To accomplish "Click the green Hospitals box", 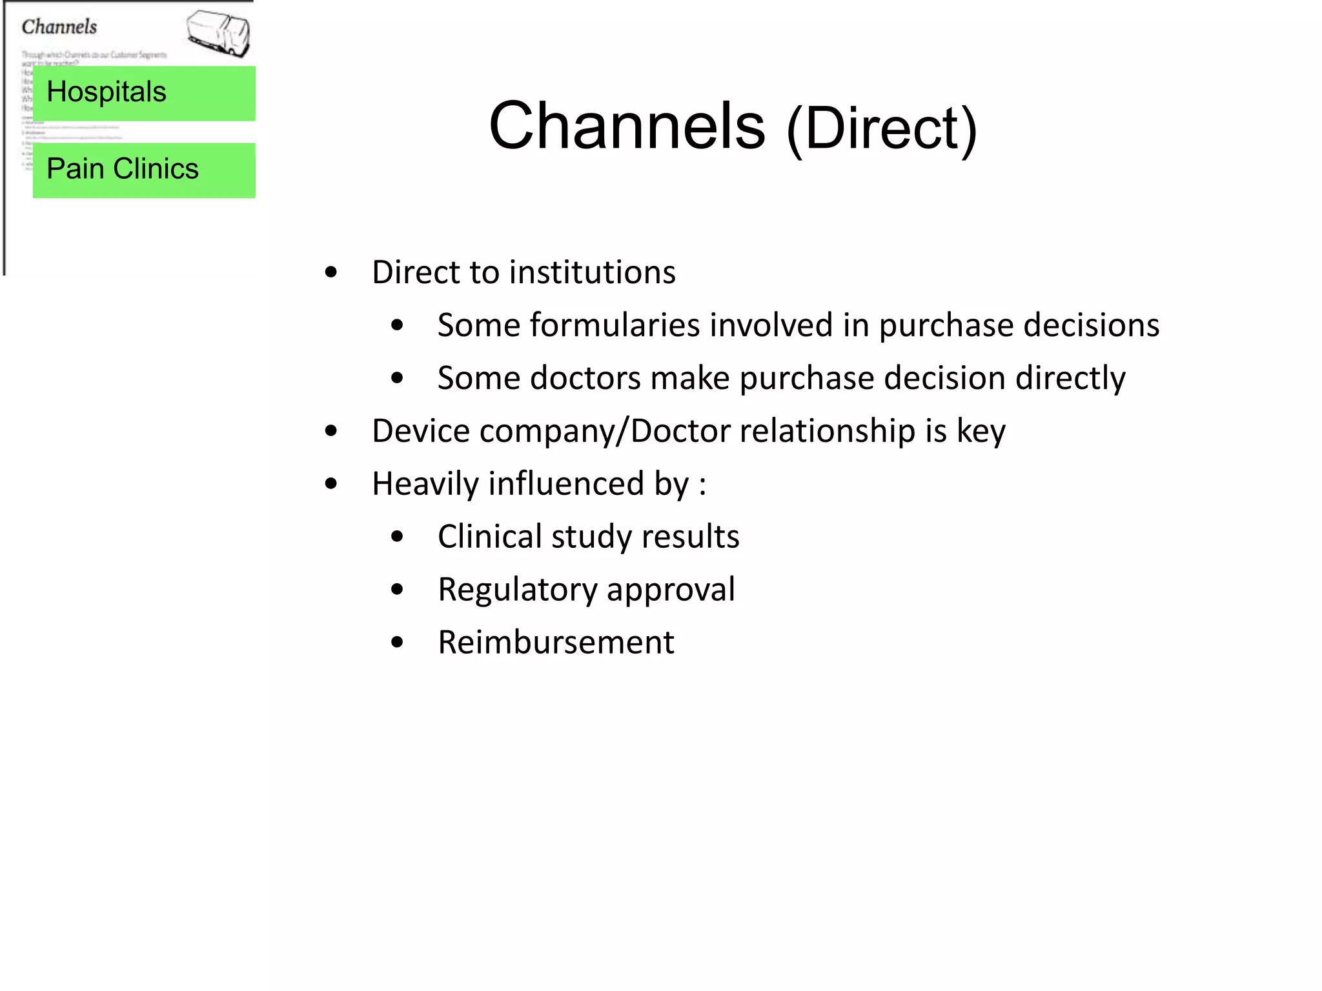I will (x=144, y=93).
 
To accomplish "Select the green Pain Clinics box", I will (x=144, y=170).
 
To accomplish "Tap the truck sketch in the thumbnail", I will (x=219, y=34).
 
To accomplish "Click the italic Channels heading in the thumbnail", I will (x=59, y=27).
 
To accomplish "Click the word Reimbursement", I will (x=556, y=643).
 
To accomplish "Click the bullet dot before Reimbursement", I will (x=397, y=643).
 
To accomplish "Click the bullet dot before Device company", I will (x=331, y=432).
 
